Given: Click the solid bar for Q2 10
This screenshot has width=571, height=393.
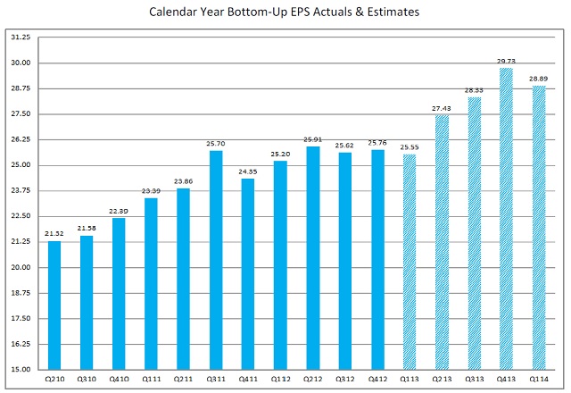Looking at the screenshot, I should coord(54,305).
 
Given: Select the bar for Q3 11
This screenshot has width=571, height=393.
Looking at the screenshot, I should coord(216,260).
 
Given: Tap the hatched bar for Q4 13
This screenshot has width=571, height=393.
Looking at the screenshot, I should coord(506,219).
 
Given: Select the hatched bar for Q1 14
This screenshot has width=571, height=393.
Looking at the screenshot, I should coord(538,228).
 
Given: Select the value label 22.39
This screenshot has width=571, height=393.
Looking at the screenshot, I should coord(119,211).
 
